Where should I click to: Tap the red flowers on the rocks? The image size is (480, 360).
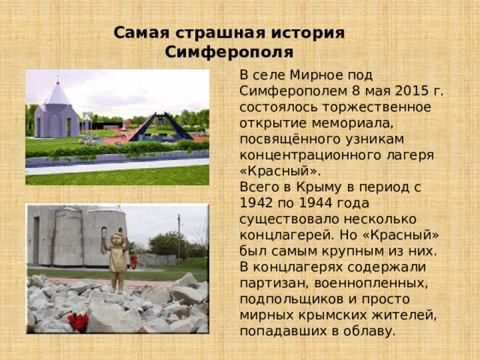[x=77, y=322]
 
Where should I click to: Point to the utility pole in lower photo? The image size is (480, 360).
[x=178, y=235]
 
